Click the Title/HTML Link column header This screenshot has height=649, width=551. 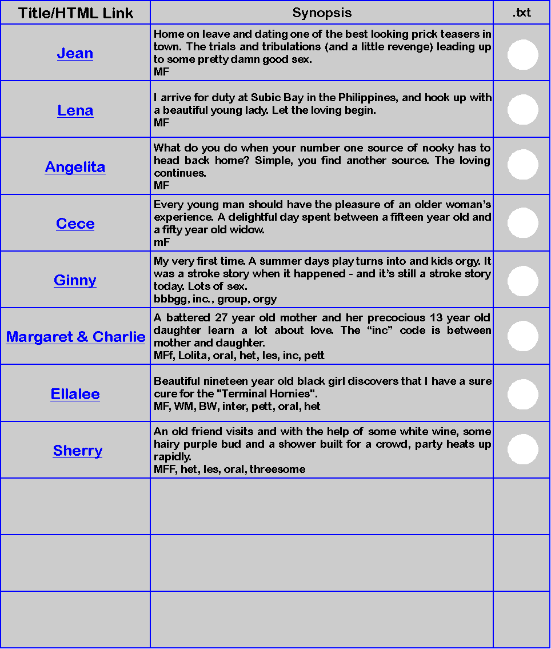point(75,13)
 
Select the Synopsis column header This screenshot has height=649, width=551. point(322,13)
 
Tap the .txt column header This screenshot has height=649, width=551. point(522,13)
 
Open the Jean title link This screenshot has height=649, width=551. point(75,53)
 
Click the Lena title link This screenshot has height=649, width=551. point(75,110)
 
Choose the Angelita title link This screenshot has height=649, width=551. point(75,167)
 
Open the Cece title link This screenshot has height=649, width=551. point(75,224)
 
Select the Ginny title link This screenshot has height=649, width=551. point(75,280)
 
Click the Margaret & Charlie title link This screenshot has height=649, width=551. point(75,337)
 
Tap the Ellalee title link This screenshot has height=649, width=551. point(75,394)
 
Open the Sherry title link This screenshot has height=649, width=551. point(78,451)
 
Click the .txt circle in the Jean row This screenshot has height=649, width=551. point(522,55)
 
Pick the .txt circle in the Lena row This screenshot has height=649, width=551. point(522,110)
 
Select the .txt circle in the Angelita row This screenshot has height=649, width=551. point(522,165)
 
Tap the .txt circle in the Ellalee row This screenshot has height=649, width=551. point(522,394)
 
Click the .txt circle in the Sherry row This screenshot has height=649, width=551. point(522,449)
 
